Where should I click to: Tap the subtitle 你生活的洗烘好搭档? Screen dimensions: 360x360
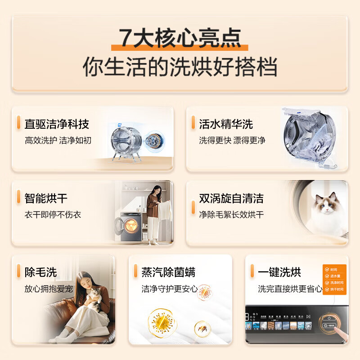click(180, 67)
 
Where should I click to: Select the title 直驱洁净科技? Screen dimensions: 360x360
click(57, 124)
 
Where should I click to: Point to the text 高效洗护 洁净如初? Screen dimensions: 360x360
click(58, 140)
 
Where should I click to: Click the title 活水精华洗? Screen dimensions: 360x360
click(226, 124)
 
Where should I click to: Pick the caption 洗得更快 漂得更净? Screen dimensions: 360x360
click(232, 140)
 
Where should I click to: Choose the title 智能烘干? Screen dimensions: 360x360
click(46, 198)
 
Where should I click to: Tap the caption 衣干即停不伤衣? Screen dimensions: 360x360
click(53, 215)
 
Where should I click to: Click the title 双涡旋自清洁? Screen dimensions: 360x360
click(231, 198)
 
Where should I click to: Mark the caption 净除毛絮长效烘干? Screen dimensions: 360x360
click(231, 215)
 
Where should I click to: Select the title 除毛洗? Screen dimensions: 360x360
click(40, 272)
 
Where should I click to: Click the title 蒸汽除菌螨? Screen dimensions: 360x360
click(168, 272)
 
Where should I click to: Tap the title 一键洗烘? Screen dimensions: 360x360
click(279, 272)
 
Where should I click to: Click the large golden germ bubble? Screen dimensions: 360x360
click(161, 322)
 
